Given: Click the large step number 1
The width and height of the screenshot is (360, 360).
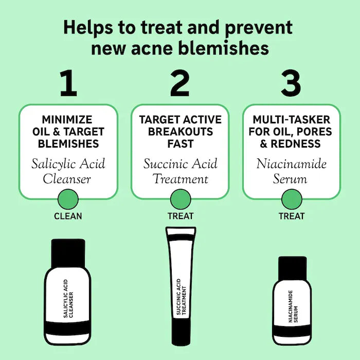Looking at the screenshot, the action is point(68,83).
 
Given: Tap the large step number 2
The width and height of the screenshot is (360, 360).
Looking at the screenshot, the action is point(180,83).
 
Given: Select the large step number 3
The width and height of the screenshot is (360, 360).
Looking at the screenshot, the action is point(291,83).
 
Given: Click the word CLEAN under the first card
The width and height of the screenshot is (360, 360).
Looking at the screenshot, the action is point(68,216).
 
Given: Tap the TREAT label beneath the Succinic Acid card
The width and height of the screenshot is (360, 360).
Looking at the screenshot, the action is point(181,216).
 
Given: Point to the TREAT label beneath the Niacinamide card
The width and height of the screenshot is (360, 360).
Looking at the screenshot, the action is point(292,216).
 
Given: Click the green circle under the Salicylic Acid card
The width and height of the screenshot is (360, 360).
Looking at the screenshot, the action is point(68,200).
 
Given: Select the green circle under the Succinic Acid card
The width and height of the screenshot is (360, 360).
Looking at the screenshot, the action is point(181,200).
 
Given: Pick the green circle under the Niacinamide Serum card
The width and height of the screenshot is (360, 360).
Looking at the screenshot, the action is point(292,200).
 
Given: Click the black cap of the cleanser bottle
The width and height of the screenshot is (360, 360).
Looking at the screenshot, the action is point(68,253).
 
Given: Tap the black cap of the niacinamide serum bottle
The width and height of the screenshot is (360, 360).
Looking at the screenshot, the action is point(292,268).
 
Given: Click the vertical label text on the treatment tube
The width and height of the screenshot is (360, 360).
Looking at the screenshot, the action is point(182,297).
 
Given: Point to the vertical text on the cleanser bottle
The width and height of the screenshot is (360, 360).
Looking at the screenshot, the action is point(68,298).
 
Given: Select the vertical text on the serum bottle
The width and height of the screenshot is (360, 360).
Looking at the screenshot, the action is point(293,307).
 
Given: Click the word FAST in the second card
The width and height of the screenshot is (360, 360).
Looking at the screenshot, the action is point(181,143).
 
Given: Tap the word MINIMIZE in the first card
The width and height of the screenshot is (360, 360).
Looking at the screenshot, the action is point(67,120).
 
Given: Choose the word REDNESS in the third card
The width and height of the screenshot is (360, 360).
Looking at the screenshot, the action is point(296,143).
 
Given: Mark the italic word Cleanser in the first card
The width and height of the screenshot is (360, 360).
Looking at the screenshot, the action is point(67,179).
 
